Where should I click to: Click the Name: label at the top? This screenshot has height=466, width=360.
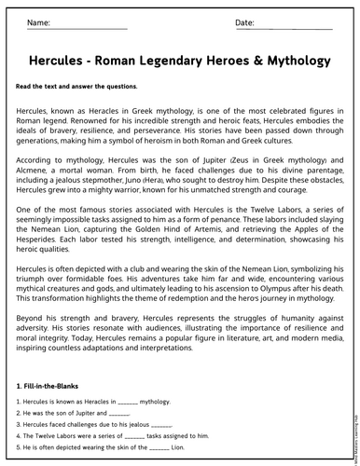coord(39,21)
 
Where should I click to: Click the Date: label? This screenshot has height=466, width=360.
coord(244,21)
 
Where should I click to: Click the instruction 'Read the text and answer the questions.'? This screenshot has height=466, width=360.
coord(76,87)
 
